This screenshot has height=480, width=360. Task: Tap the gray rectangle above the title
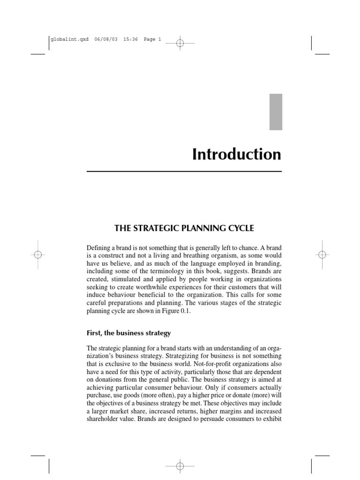(276, 112)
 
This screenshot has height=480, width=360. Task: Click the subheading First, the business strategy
(129, 333)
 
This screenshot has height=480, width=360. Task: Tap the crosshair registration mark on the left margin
(38, 255)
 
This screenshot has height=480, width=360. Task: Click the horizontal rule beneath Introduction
(184, 172)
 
